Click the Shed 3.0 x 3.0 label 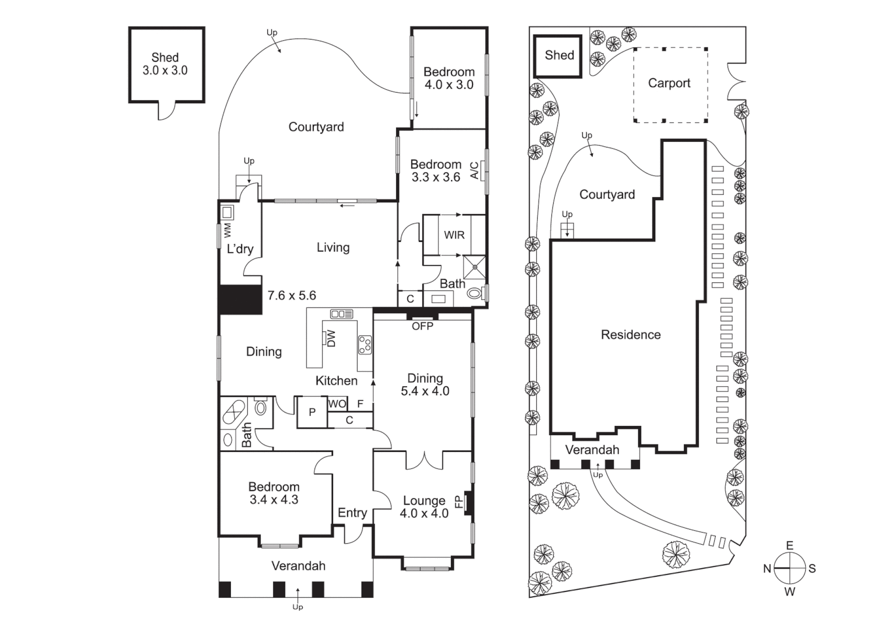165,64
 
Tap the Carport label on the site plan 669,83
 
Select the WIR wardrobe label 454,235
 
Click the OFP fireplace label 422,326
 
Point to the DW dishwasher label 331,338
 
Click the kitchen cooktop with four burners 365,345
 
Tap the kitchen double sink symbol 341,314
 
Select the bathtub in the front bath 234,414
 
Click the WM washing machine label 227,230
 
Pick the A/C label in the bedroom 474,170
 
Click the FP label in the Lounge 459,501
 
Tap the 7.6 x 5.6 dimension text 292,296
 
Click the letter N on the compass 767,569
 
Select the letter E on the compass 789,546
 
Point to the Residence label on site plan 631,335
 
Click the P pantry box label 312,412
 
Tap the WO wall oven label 337,404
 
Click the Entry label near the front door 352,513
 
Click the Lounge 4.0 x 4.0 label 424,507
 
